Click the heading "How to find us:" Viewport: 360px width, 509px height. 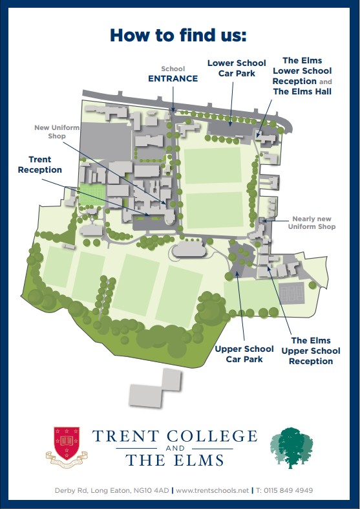178,34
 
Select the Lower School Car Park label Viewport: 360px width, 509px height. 236,68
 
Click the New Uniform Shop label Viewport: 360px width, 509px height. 57,132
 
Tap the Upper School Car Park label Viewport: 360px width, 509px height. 244,354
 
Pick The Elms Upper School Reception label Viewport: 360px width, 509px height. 311,351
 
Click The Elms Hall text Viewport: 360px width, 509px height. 302,92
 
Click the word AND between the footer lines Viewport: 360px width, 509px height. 175,448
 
